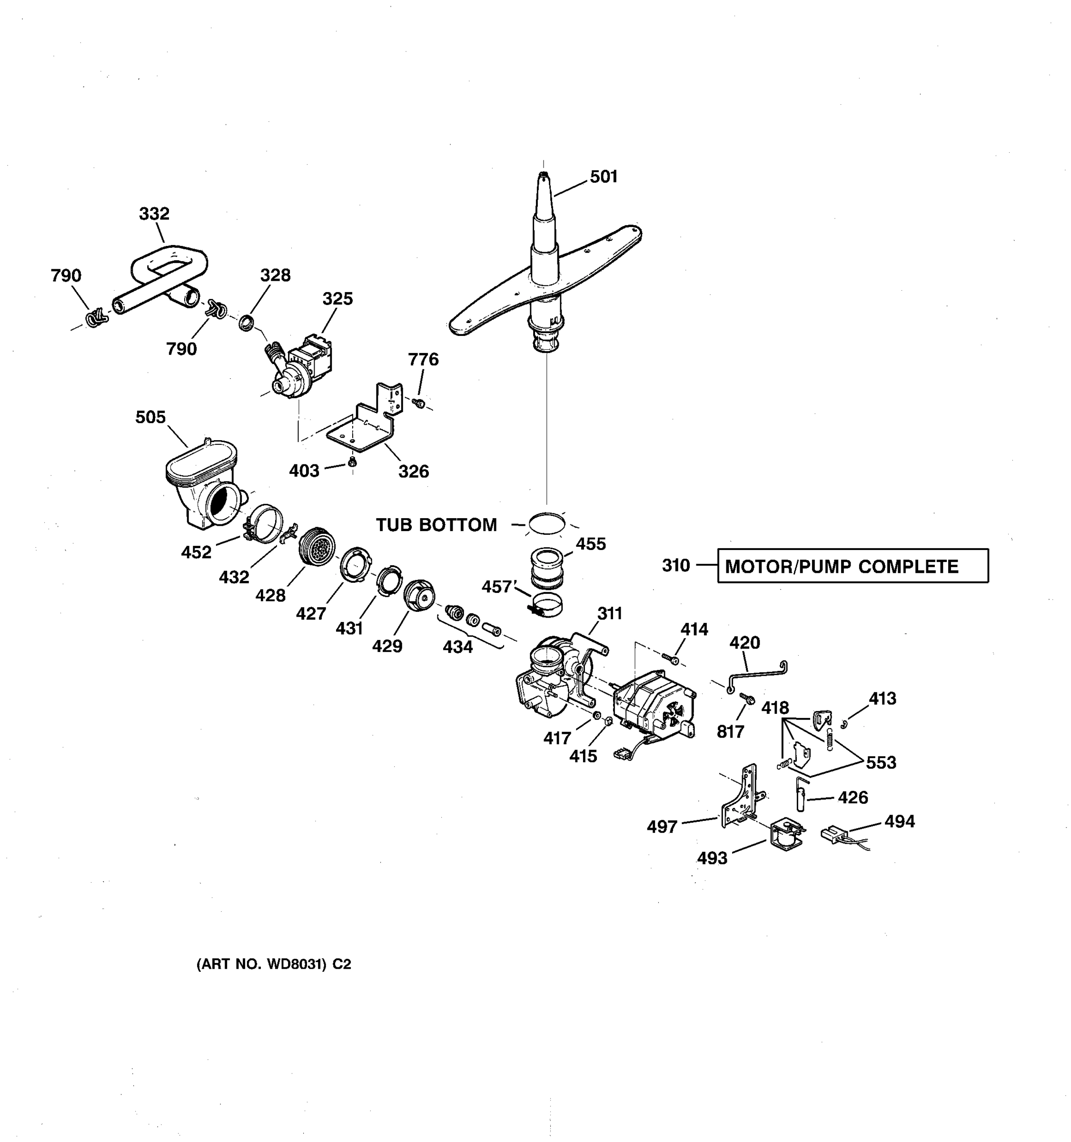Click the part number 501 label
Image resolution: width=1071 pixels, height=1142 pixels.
coord(603,177)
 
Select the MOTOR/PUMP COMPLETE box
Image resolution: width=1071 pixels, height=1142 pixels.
coord(853,566)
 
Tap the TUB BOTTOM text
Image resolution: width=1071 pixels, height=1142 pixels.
coord(436,524)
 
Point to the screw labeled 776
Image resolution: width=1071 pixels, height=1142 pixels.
coord(419,403)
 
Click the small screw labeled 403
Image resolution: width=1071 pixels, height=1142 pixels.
coord(353,462)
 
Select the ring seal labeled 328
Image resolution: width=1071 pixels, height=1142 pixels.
coord(247,323)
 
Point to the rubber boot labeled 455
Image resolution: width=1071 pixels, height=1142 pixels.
coord(546,568)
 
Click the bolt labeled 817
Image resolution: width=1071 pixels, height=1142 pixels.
coord(747,698)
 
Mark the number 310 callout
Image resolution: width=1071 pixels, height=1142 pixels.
coord(676,566)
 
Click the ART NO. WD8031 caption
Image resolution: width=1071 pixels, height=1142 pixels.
coord(274,965)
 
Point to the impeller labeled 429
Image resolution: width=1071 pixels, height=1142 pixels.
coord(419,596)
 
